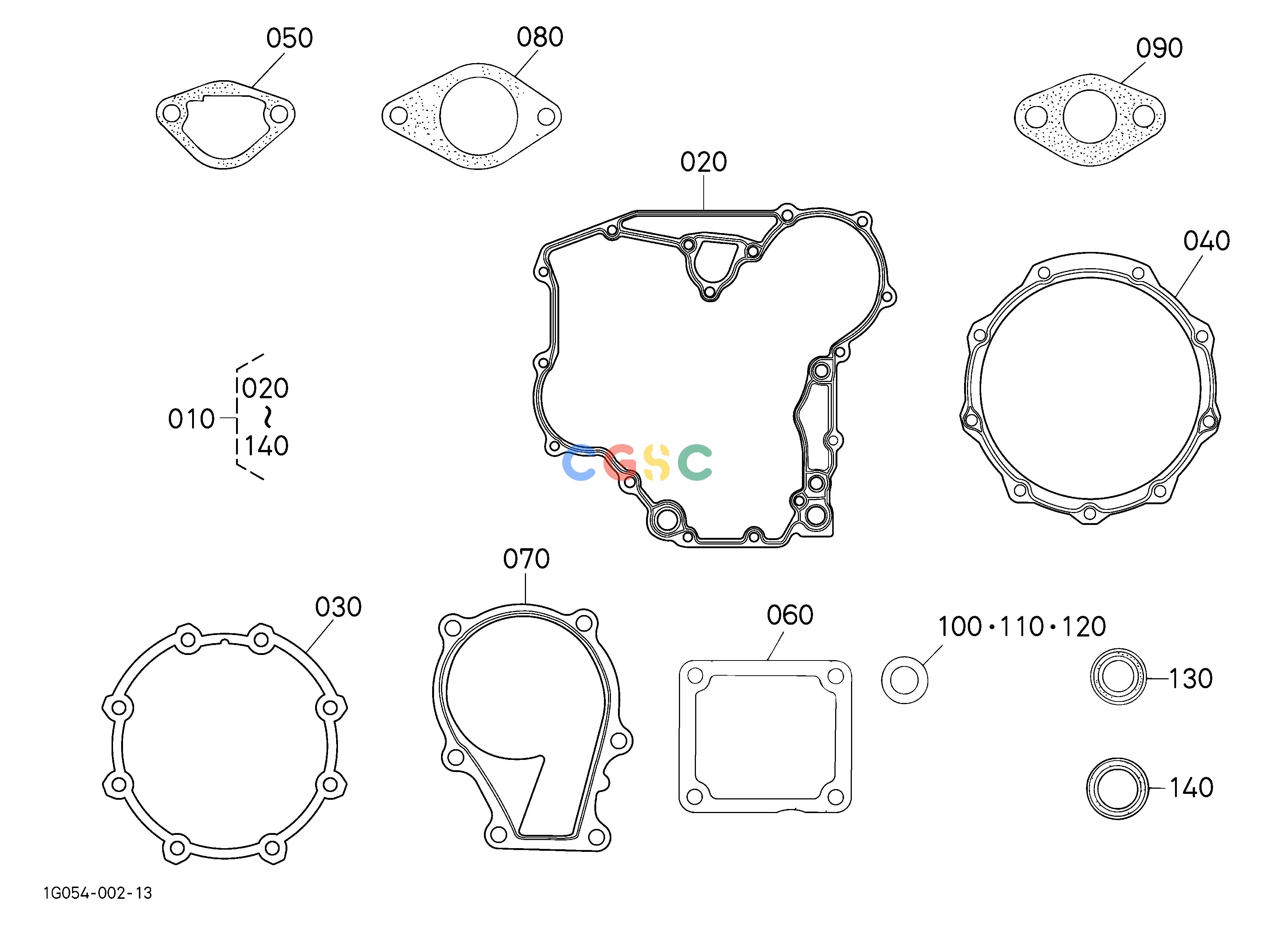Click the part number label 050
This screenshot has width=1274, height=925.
[x=289, y=38]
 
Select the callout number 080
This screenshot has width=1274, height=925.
[x=540, y=37]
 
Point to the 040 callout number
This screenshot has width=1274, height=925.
[x=1207, y=241]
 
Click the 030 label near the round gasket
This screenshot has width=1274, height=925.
[x=338, y=607]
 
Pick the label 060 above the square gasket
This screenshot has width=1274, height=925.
[x=790, y=615]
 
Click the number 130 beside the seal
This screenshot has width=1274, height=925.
[x=1191, y=679]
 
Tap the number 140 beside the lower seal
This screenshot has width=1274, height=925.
[x=1191, y=788]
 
